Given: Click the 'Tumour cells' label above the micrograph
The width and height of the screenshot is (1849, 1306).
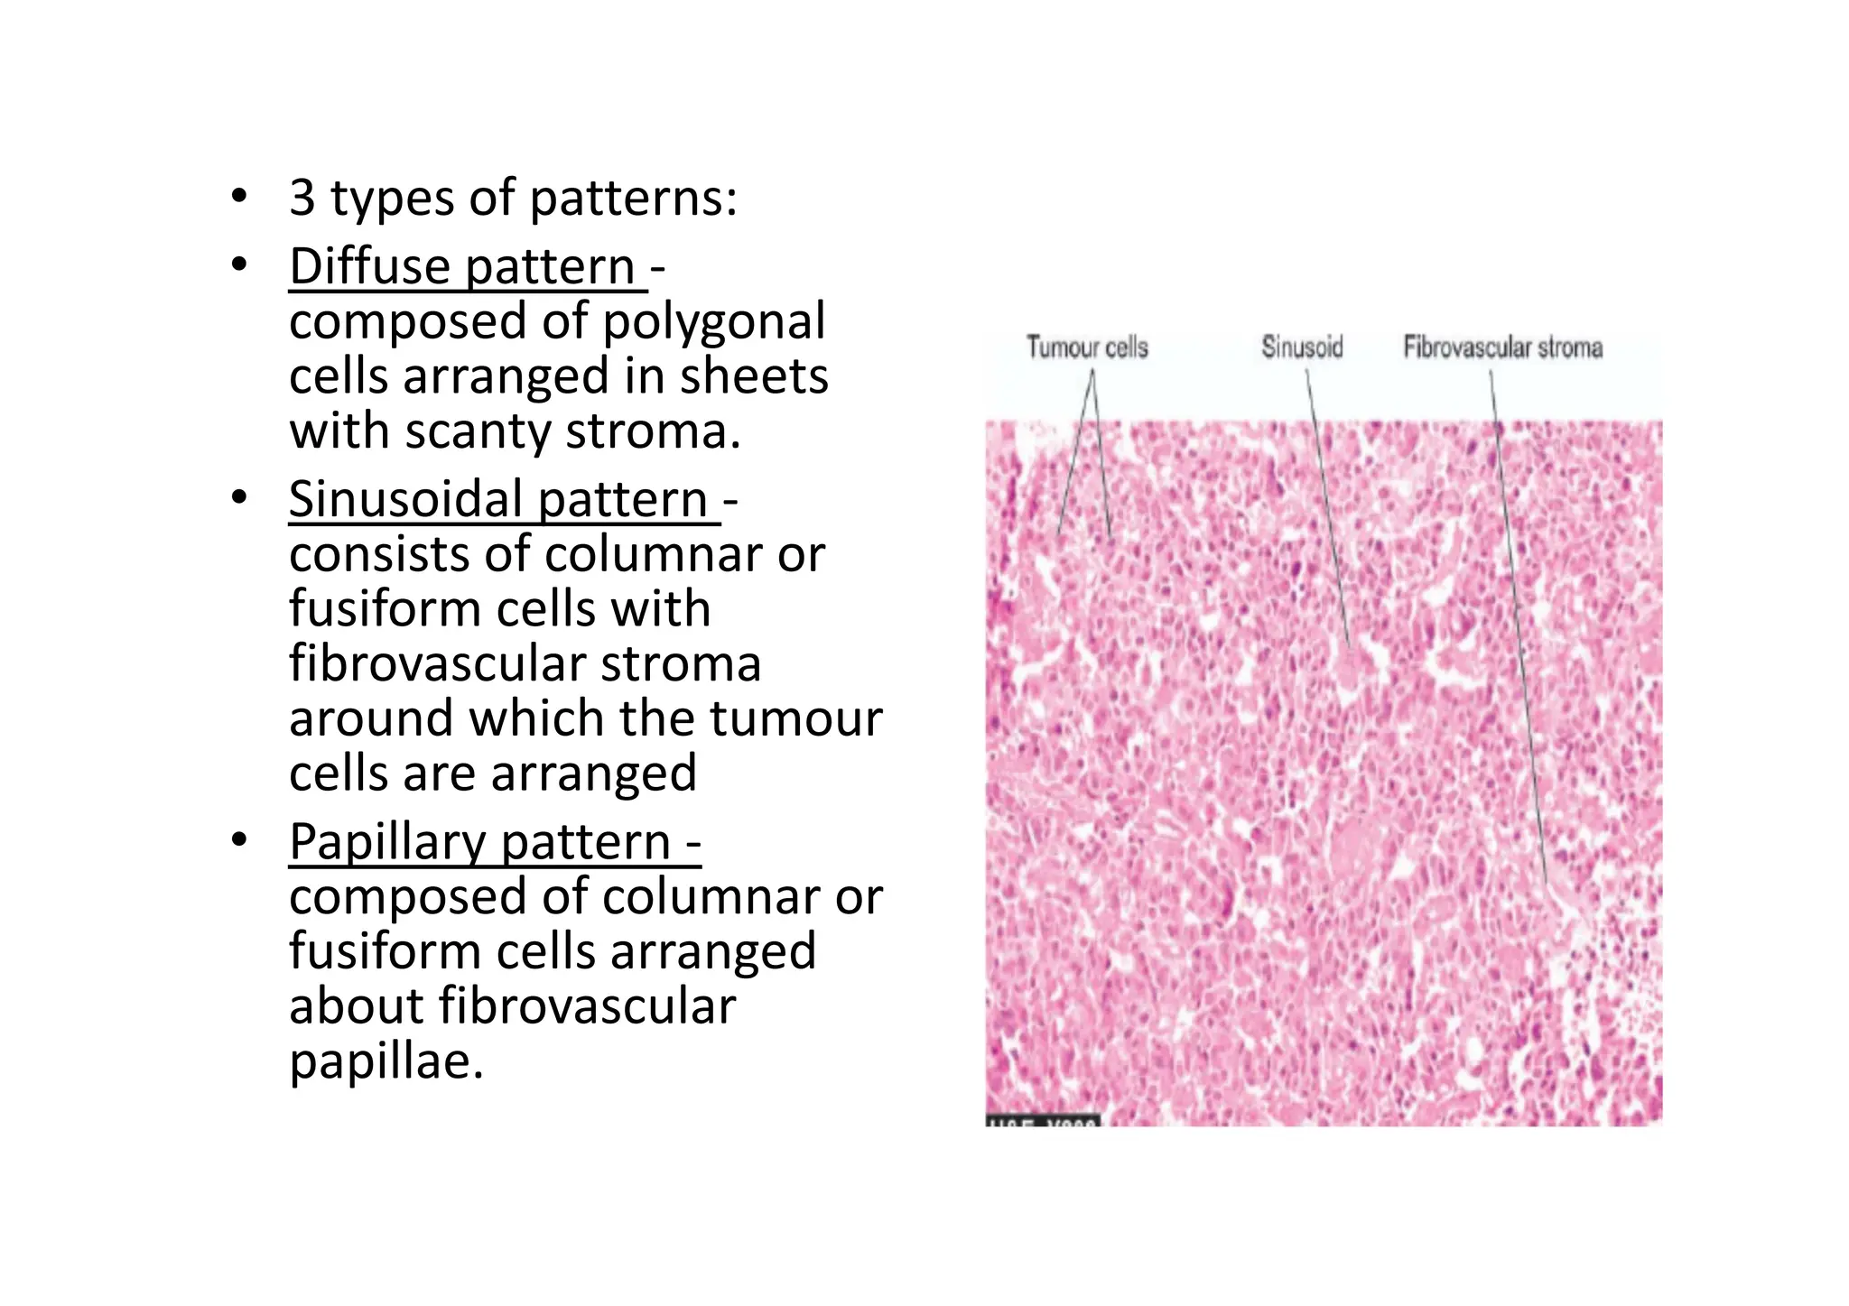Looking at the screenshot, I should (x=1087, y=347).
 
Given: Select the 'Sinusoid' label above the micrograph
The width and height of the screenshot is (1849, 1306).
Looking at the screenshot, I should (x=1302, y=347).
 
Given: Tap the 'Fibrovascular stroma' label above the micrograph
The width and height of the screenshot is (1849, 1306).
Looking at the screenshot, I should (x=1502, y=347).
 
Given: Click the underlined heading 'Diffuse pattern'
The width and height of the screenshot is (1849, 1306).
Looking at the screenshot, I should (x=462, y=267).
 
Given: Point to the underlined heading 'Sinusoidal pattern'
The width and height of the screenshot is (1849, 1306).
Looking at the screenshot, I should (x=498, y=500).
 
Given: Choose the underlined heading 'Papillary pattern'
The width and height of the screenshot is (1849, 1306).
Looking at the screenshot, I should (x=479, y=842).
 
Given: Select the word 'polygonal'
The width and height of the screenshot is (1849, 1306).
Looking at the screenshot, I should (x=713, y=322).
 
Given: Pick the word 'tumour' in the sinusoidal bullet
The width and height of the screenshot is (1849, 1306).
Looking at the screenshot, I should (x=795, y=718).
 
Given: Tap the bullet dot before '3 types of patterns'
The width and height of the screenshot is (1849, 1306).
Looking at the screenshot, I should (x=238, y=196).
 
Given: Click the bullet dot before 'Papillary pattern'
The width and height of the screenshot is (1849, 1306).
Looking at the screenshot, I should (x=238, y=840).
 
